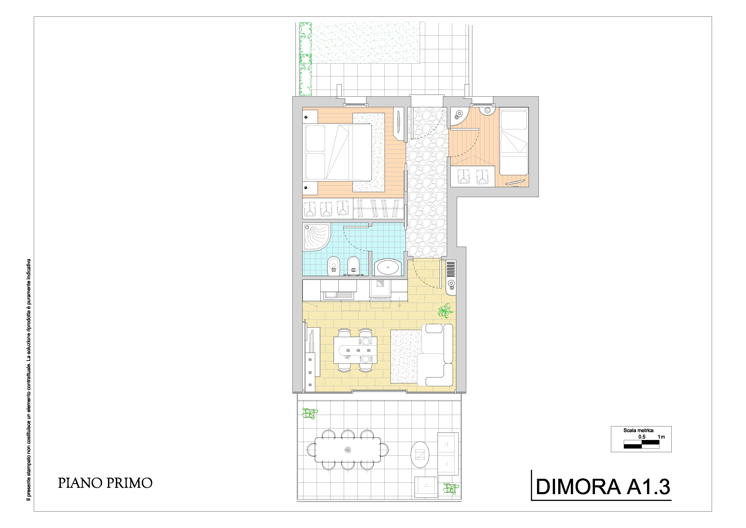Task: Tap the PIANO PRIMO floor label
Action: tap(105, 483)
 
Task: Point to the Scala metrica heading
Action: tap(638, 430)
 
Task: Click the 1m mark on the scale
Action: tap(661, 437)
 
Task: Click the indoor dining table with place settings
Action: tap(356, 350)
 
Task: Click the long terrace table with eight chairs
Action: tap(348, 450)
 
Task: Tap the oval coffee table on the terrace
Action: tap(420, 454)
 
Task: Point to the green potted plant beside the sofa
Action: tap(445, 310)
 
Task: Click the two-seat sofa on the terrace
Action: tap(448, 454)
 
